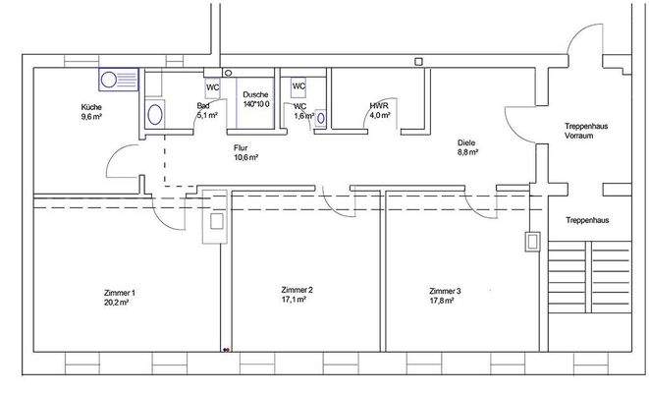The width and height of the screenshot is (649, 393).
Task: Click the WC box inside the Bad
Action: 213,86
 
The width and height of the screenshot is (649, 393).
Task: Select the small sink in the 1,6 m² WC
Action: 317,116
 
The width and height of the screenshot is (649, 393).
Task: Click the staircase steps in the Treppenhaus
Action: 588,280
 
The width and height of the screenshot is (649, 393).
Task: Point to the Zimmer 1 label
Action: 118,293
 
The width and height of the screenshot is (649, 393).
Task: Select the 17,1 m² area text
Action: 296,300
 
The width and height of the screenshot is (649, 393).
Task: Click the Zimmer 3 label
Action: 445,291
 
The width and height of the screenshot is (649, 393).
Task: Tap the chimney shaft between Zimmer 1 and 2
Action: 215,223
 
